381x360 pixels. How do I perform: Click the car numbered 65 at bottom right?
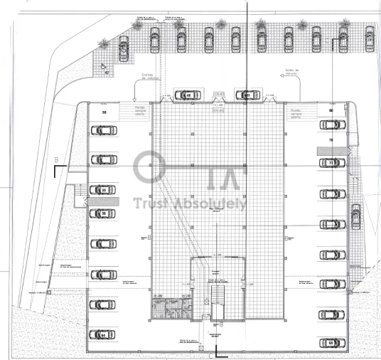pos(330,342)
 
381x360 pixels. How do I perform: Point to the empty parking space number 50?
pos(104,112)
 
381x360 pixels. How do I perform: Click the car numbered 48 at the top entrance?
pos(186,95)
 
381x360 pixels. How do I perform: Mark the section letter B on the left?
pos(55,159)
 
